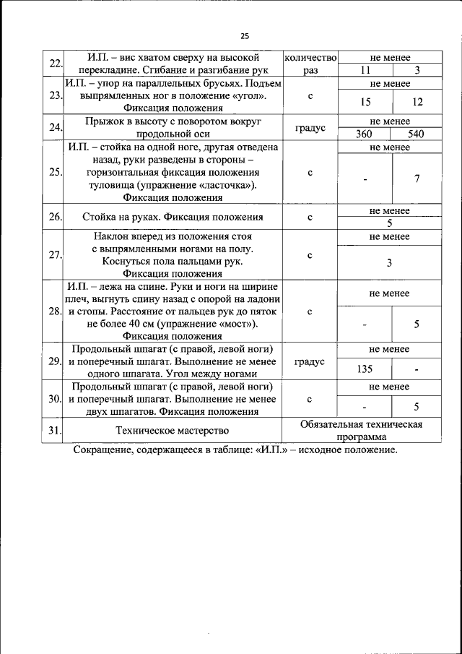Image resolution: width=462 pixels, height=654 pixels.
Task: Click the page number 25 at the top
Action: coord(245,36)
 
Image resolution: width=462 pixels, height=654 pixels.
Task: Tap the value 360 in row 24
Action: coord(365,134)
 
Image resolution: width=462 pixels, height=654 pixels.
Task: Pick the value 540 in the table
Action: coord(416,134)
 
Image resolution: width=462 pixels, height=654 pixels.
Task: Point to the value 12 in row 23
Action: coord(417,102)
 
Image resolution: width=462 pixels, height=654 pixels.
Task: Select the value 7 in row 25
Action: coord(417,178)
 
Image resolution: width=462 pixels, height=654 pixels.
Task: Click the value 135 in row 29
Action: coord(365,369)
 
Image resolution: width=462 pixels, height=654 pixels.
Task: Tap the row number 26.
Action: coord(54,217)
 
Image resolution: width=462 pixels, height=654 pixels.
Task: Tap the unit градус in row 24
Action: coord(310,128)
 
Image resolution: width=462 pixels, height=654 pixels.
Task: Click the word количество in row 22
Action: coord(310,57)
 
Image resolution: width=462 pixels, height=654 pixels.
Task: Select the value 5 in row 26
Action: coord(390,223)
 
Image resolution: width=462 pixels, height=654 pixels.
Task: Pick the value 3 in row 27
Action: coord(390,263)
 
